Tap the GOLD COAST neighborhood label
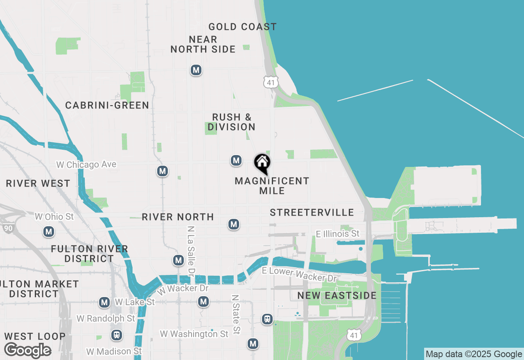[242, 27]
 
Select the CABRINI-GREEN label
[107, 106]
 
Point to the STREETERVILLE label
[312, 212]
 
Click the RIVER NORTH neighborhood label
[178, 217]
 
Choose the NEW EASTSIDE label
[337, 295]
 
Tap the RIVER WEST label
[38, 183]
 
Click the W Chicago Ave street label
[86, 164]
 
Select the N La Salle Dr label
[190, 250]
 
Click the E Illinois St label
[338, 234]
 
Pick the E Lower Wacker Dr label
[299, 274]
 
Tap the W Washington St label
[194, 334]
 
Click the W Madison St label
[114, 351]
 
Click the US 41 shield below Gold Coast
[271, 81]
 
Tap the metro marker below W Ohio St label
[49, 232]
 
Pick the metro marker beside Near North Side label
[196, 70]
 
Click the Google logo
[27, 350]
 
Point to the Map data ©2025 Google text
[474, 354]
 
